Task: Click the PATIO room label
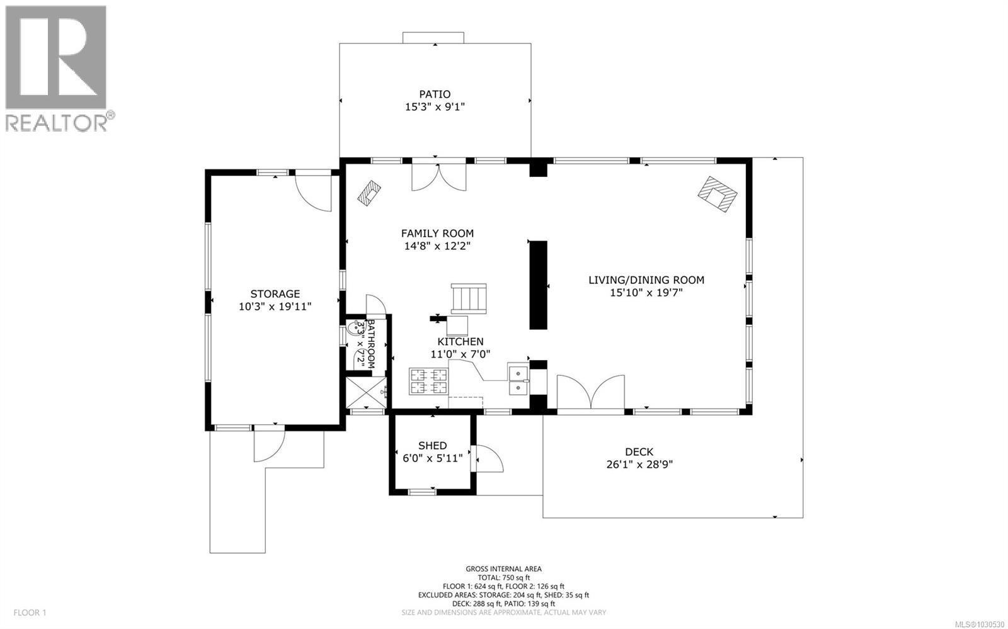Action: coord(435,94)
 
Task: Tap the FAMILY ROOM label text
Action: coord(437,234)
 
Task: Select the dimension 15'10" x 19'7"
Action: coord(646,292)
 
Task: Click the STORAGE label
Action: coord(275,294)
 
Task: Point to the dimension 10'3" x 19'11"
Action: coord(275,307)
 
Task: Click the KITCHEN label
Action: coord(461,342)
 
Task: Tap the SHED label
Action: coord(432,446)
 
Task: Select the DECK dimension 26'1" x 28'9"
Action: coord(639,465)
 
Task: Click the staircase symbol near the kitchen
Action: coord(469,298)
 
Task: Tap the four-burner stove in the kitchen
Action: coord(429,381)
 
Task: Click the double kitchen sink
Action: coord(518,380)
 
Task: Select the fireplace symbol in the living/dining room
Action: coord(717,195)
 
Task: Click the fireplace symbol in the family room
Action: coord(369,192)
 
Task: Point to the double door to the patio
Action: coord(439,176)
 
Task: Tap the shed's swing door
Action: coord(489,458)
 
